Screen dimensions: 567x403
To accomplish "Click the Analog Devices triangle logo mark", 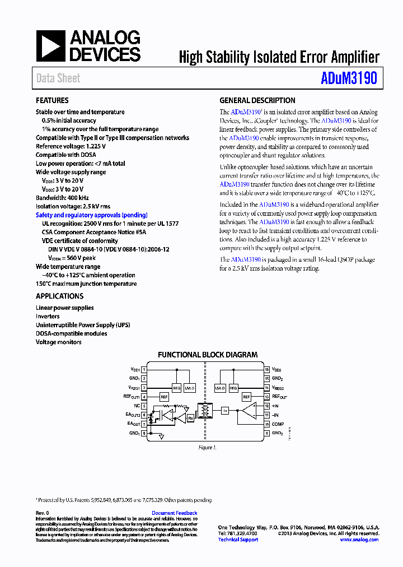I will (50, 46).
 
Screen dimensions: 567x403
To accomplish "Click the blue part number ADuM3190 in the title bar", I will (349, 78).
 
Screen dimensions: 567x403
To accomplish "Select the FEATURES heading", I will (52, 100).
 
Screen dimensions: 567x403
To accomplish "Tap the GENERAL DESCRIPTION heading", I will (257, 100).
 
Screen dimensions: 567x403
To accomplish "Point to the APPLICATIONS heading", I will (59, 296).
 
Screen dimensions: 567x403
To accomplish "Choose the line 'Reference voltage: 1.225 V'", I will (71, 146).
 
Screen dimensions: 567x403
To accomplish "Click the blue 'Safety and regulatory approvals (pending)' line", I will (91, 215).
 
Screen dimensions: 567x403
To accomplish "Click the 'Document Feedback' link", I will (174, 513).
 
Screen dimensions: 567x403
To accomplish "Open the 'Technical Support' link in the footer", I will (238, 540).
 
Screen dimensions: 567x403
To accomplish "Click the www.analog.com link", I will (359, 540).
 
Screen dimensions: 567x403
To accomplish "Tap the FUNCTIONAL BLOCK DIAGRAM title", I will (208, 355).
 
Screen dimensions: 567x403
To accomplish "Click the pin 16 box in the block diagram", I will (267, 370).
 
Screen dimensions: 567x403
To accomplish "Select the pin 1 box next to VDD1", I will (144, 370).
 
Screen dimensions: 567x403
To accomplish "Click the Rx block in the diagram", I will (190, 417).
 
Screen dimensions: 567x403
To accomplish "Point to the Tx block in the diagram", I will (225, 411).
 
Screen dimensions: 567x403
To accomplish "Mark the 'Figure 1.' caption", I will (207, 447).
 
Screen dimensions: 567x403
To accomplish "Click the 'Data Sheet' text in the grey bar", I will (58, 78).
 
